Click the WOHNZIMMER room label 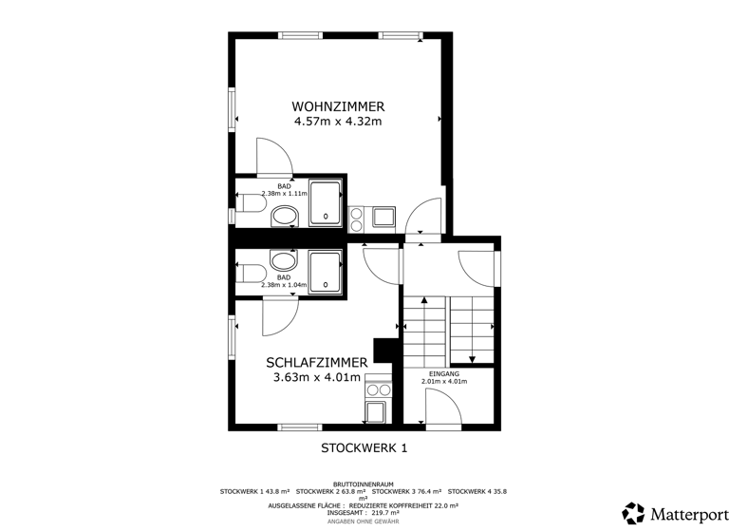point(338,105)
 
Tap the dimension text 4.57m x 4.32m point(338,122)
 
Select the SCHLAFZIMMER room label point(317,362)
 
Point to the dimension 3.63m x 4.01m point(317,377)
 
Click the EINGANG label point(444,374)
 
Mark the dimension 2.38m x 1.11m point(285,194)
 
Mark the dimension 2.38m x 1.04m point(285,284)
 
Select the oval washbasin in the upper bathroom point(285,218)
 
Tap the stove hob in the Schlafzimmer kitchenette point(378,389)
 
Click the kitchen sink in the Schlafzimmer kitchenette point(377,411)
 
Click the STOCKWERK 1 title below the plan point(364,447)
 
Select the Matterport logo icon point(633,513)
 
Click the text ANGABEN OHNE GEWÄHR point(364,522)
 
